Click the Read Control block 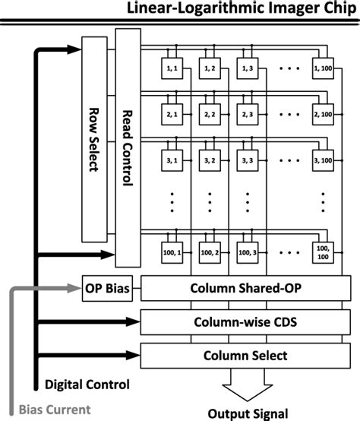pyautogui.click(x=126, y=149)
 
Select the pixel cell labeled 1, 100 pyautogui.click(x=323, y=69)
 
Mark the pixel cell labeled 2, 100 pyautogui.click(x=323, y=115)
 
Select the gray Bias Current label pyautogui.click(x=55, y=410)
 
